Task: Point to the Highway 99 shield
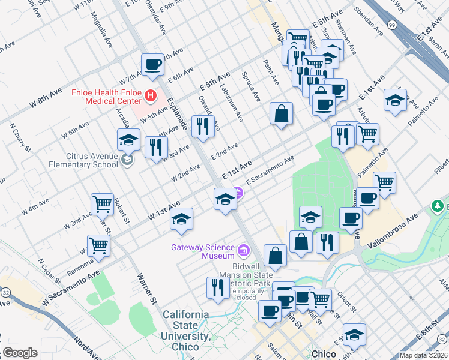pyautogui.click(x=392, y=25)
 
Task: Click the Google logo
pyautogui.click(x=19, y=353)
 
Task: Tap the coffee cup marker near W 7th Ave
pyautogui.click(x=152, y=65)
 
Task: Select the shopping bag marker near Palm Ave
pyautogui.click(x=281, y=113)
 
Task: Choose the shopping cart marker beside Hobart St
pyautogui.click(x=103, y=204)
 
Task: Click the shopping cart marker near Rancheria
pyautogui.click(x=98, y=245)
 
